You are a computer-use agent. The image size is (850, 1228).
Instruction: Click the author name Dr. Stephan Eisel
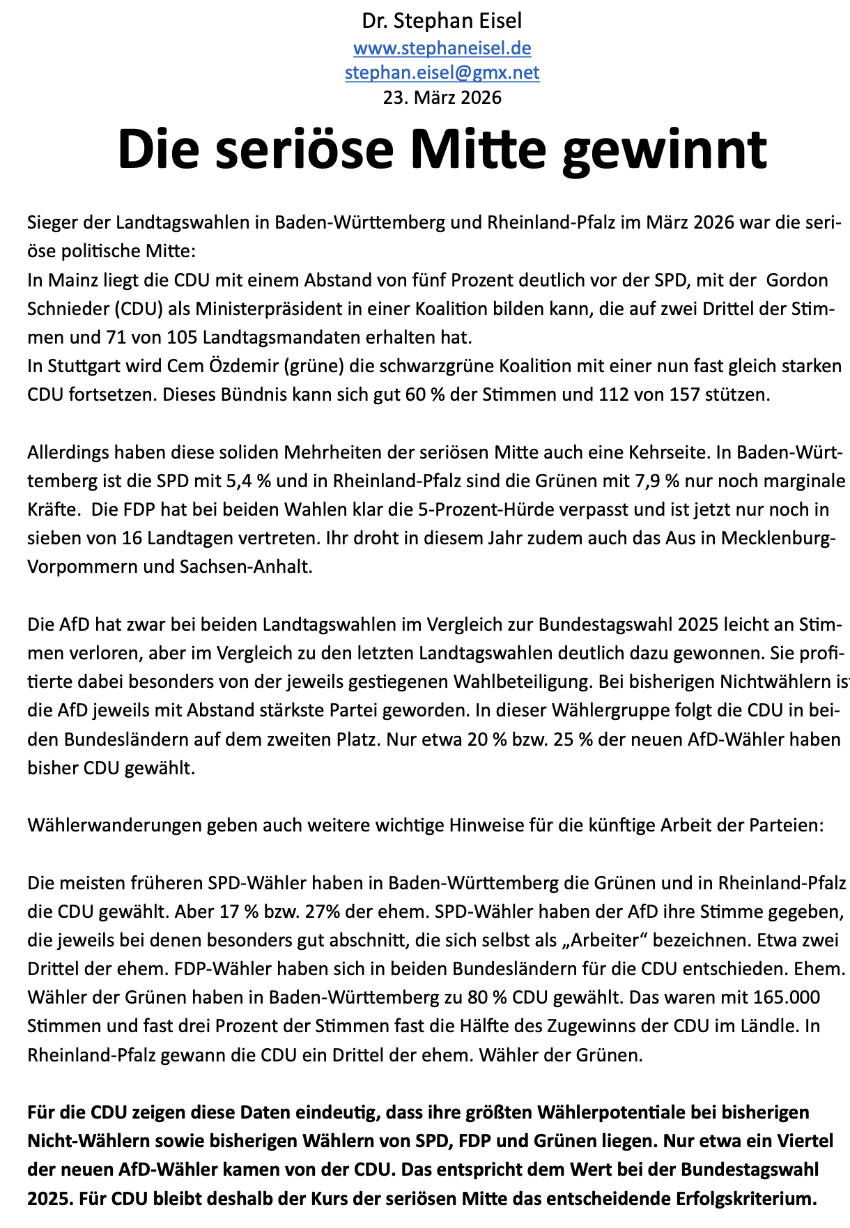[x=442, y=21]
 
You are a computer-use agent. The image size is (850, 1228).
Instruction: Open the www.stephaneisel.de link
[x=442, y=48]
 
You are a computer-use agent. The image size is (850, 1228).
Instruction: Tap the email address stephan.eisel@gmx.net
[x=442, y=72]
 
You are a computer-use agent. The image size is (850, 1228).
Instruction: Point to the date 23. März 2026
[x=442, y=97]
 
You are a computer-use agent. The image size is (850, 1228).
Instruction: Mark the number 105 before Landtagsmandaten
[x=183, y=337]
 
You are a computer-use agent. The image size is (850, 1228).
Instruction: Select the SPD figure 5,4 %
[x=237, y=481]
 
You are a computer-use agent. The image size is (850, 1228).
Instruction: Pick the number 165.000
[x=787, y=997]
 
